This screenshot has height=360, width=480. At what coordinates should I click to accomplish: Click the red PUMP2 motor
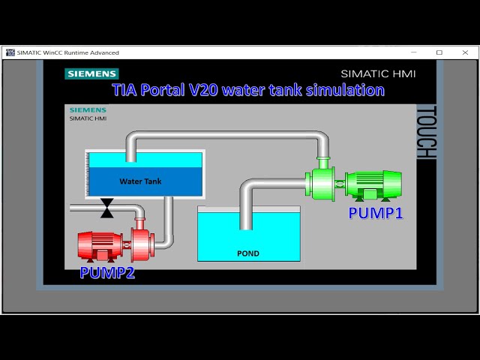pyautogui.click(x=100, y=244)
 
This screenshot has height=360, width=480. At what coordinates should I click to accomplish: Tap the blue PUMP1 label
pyautogui.click(x=376, y=213)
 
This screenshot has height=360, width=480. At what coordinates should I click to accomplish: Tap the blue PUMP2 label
pyautogui.click(x=107, y=273)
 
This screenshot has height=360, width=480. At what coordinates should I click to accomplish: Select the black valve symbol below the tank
pyautogui.click(x=107, y=208)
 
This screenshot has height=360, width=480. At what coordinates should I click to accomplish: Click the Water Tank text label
pyautogui.click(x=140, y=181)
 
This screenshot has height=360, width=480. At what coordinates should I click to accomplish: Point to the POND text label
pyautogui.click(x=248, y=253)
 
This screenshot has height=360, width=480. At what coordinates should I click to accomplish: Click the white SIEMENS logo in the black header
pyautogui.click(x=92, y=73)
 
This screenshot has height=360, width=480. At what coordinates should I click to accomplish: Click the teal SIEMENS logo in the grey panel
pyautogui.click(x=88, y=110)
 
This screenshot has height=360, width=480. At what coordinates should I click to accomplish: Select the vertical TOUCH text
pyautogui.click(x=425, y=132)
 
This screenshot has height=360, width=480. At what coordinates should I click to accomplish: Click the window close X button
pyautogui.click(x=466, y=52)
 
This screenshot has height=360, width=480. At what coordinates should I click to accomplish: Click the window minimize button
pyautogui.click(x=413, y=52)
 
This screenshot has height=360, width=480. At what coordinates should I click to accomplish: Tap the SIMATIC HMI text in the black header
pyautogui.click(x=378, y=73)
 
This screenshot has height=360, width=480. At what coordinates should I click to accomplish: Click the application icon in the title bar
pyautogui.click(x=10, y=52)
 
